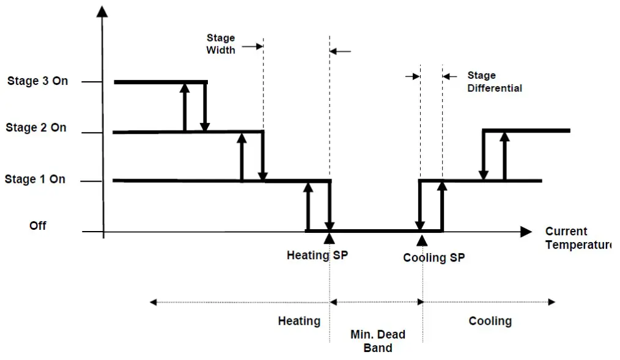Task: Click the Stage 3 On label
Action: coord(37,81)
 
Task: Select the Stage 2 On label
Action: coord(36,128)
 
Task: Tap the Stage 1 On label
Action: coord(35,179)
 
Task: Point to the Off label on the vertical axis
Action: coord(38,226)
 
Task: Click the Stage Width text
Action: coord(221,44)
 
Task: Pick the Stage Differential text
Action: coord(494,82)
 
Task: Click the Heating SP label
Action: coord(317,255)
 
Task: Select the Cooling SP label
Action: coord(434,258)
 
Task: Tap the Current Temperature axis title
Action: coord(577,238)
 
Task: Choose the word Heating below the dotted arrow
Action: coord(299,321)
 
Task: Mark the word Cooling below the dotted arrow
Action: coord(490,321)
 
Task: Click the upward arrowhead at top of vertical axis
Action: coord(103,11)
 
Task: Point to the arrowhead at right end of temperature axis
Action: coord(525,232)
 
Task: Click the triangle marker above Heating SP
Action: coord(330,238)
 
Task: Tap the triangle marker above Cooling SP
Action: coord(421,239)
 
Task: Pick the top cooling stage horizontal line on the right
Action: coord(526,130)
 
